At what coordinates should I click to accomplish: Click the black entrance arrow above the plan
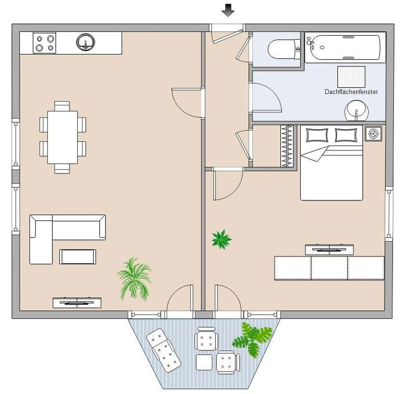(x=228, y=10)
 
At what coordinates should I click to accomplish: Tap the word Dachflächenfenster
(x=351, y=92)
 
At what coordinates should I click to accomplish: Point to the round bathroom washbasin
(x=356, y=111)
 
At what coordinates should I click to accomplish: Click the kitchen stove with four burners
(x=45, y=43)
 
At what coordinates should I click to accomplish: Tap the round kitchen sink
(x=85, y=42)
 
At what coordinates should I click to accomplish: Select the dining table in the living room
(x=62, y=137)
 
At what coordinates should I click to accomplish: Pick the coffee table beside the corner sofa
(x=78, y=256)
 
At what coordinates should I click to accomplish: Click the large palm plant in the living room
(x=135, y=279)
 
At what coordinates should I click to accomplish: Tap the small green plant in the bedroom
(x=221, y=239)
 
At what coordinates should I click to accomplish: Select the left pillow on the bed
(x=316, y=135)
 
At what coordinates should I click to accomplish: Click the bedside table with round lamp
(x=373, y=134)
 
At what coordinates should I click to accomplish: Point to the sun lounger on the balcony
(x=164, y=350)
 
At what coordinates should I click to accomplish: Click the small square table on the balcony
(x=204, y=362)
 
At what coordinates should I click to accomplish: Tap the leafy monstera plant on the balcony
(x=252, y=339)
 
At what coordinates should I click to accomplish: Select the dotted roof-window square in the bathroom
(x=351, y=77)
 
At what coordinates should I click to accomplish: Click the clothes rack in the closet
(x=287, y=146)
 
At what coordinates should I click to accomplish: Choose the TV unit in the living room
(x=77, y=303)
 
